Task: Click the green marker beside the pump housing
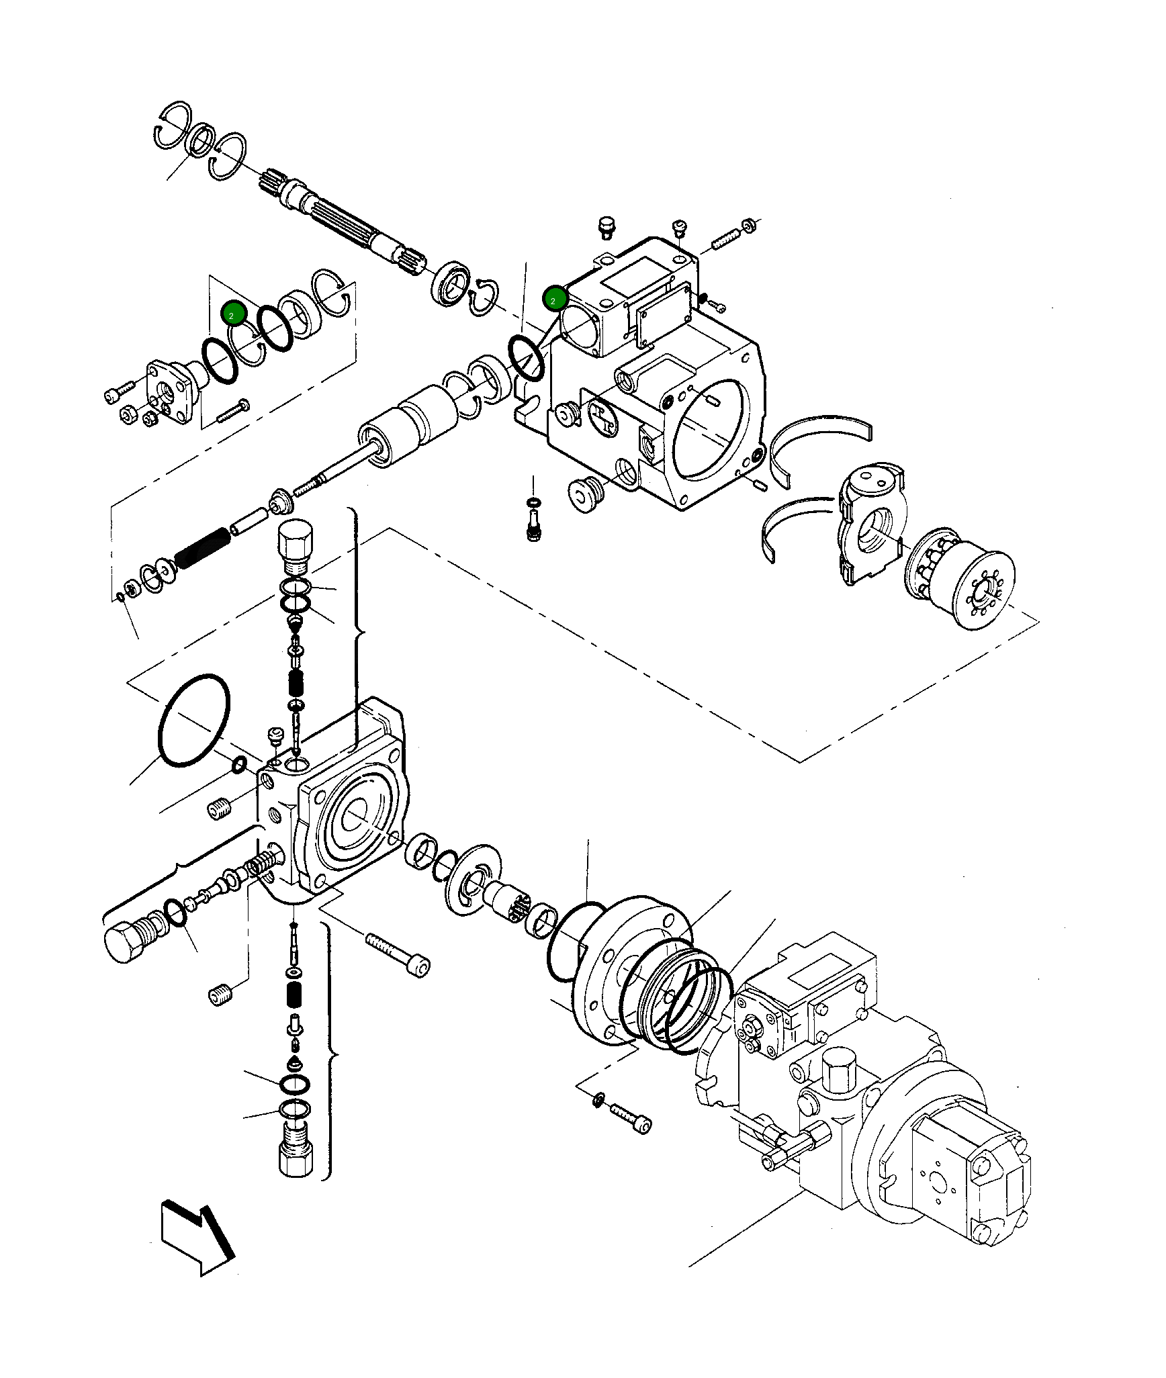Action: tap(555, 299)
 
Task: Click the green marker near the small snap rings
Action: tap(233, 314)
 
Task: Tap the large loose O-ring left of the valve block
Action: tap(194, 720)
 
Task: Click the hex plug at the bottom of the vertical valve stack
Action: tap(295, 1152)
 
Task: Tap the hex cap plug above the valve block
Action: tap(295, 545)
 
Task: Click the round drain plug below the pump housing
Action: tap(586, 496)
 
